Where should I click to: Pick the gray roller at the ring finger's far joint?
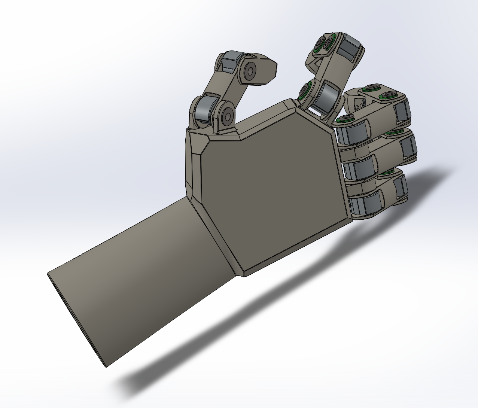coord(408,147)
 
